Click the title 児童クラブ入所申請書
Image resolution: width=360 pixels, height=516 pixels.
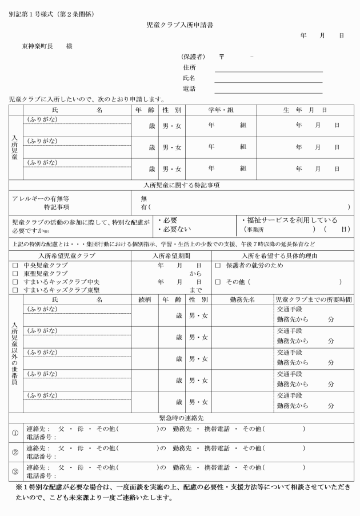180,26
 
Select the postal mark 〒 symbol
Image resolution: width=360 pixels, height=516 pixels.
222,57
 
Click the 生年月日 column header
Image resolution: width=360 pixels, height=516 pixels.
305,110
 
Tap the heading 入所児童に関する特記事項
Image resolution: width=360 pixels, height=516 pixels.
180,185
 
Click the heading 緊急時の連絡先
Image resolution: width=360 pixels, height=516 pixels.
180,419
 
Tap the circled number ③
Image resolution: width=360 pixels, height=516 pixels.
15,471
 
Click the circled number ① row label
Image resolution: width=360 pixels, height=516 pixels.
15,433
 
